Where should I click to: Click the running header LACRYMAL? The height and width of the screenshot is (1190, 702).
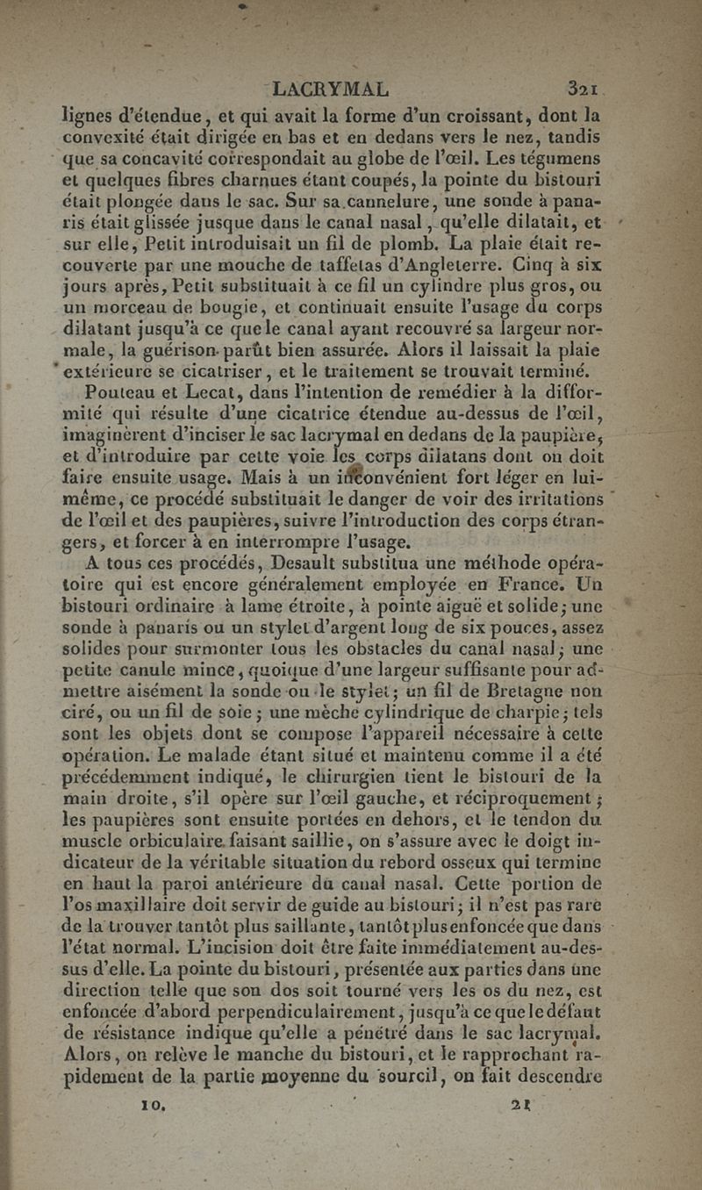point(330,89)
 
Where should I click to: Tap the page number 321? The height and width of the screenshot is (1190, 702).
point(582,89)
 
